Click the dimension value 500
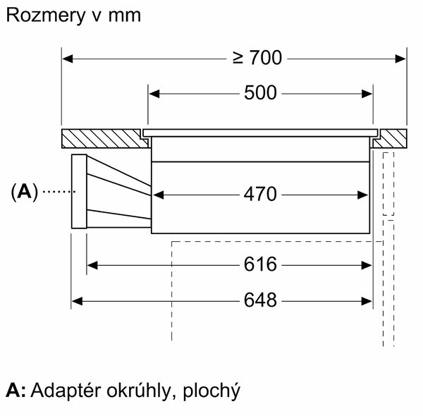[x=260, y=93]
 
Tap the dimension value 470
[x=260, y=194]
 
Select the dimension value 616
[x=260, y=264]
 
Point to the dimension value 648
[x=260, y=300]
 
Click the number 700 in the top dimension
[x=266, y=58]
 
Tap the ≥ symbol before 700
[x=238, y=59]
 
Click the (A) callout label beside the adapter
[x=25, y=192]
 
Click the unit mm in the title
[x=125, y=16]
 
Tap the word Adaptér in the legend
[x=66, y=391]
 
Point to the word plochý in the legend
[x=211, y=391]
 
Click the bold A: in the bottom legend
[x=16, y=390]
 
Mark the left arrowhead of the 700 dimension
[x=68, y=59]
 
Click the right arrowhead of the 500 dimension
[x=367, y=94]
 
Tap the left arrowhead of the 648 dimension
[x=77, y=301]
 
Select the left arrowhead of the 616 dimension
[x=92, y=265]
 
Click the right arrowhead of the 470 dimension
[x=363, y=195]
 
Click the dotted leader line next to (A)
[x=59, y=192]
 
